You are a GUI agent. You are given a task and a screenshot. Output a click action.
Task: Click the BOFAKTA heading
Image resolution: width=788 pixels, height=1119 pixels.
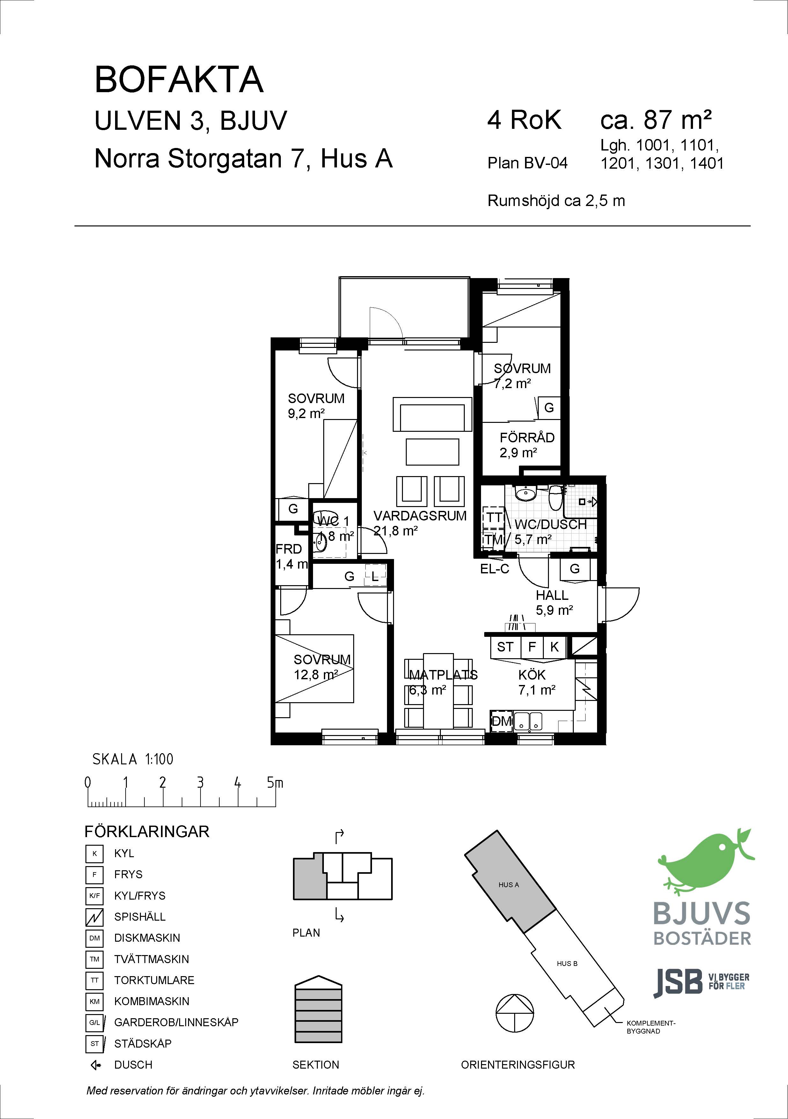coord(179,79)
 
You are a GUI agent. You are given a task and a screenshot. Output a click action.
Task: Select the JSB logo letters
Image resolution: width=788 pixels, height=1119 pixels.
coord(677,983)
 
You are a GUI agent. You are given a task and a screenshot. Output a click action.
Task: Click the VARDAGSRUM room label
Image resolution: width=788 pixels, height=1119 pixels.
coord(420,516)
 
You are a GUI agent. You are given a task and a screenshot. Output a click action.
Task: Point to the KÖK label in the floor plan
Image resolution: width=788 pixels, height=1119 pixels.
coord(532,675)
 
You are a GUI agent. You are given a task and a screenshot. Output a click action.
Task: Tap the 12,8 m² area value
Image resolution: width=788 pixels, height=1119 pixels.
coord(316,674)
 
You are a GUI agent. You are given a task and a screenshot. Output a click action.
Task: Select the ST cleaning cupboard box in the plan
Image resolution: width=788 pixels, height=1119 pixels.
coord(505,647)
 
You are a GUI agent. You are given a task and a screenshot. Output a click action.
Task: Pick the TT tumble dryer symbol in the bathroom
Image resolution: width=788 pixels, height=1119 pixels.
coord(494,518)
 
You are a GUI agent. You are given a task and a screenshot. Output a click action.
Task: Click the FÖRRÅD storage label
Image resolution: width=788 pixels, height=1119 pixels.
coord(527,438)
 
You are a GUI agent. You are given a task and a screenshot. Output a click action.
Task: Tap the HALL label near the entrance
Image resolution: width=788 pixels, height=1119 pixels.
coord(552,595)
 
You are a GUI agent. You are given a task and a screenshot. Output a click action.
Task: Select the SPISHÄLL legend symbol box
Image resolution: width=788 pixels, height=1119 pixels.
coord(95,917)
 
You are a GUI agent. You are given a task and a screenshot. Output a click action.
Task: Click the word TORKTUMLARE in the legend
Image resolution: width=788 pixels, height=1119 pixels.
coord(154,980)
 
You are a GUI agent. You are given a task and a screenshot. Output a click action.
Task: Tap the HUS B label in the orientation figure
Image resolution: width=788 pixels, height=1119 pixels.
coord(567,963)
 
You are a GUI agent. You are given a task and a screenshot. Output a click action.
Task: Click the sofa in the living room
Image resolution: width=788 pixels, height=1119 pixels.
coord(432,414)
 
